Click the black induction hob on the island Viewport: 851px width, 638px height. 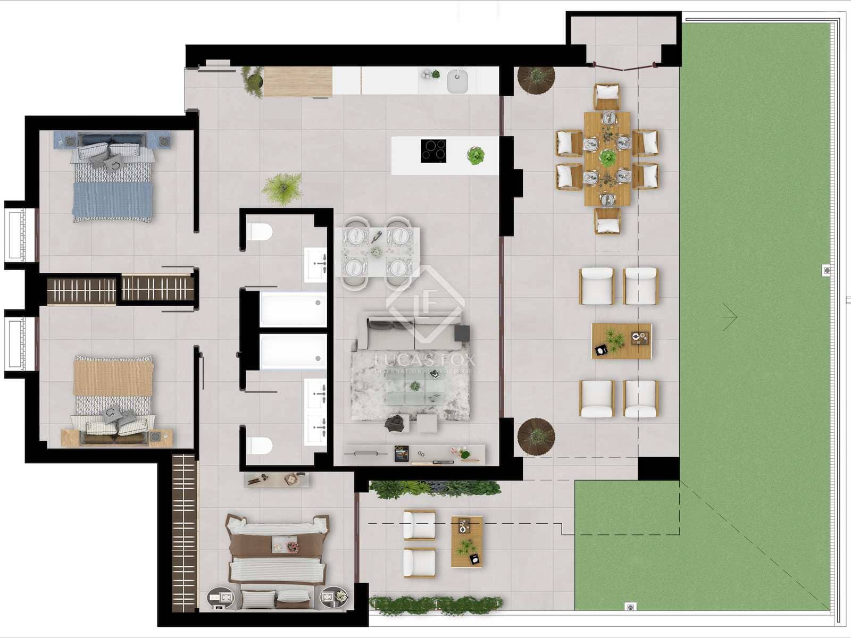click(433, 150)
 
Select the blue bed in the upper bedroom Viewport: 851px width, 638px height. click(112, 178)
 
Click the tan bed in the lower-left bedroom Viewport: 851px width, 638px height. click(113, 396)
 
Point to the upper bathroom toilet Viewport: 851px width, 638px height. click(260, 232)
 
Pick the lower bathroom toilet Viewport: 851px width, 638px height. click(260, 446)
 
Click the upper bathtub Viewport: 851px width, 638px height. click(293, 309)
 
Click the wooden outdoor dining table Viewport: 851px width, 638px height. click(607, 158)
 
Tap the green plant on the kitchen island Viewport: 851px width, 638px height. click(475, 156)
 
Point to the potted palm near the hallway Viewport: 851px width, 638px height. click(282, 188)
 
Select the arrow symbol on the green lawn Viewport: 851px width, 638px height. click(730, 317)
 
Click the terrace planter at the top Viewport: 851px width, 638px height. click(536, 80)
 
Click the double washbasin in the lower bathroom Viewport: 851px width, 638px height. click(315, 412)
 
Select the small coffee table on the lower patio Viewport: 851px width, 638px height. click(466, 541)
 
